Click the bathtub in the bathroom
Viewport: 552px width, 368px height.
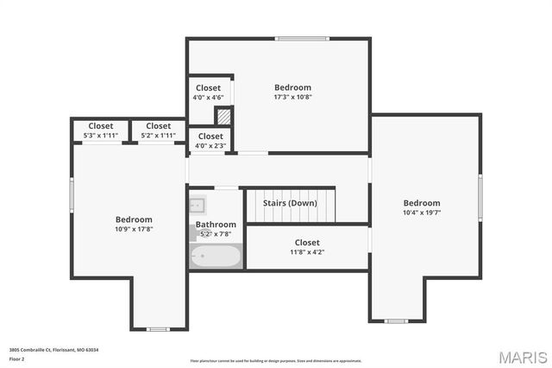[x=216, y=256]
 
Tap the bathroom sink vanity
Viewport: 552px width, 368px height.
[x=197, y=205]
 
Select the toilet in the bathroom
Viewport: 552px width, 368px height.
[x=193, y=232]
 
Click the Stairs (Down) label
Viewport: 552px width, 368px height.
[x=290, y=203]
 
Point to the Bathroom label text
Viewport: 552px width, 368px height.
[x=216, y=225]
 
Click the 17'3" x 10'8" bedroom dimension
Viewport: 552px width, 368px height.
[x=292, y=97]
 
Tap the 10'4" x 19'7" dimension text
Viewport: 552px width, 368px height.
[x=421, y=213]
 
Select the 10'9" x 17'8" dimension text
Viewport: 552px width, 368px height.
[x=134, y=229]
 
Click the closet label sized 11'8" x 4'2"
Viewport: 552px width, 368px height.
[x=306, y=252]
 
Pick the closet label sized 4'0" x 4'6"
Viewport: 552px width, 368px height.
[x=208, y=97]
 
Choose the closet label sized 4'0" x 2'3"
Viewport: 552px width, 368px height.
[x=210, y=145]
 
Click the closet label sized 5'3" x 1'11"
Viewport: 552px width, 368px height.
[x=100, y=136]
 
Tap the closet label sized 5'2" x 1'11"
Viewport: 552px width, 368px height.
[x=158, y=136]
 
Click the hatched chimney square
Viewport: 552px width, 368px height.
[x=223, y=115]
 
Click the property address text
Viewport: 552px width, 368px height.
[x=53, y=349]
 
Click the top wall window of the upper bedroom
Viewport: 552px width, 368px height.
[x=302, y=38]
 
